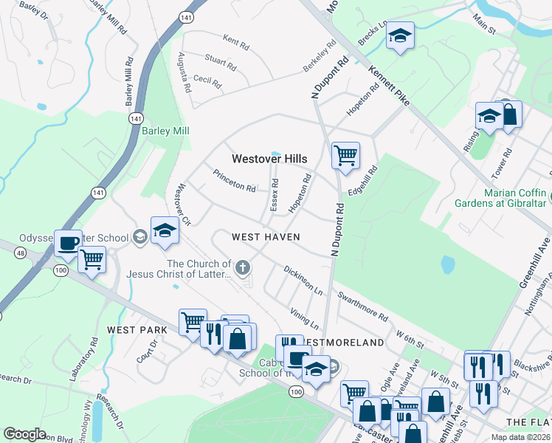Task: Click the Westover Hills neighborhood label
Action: pos(269,159)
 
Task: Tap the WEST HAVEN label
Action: pos(266,237)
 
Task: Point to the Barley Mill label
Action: pos(166,131)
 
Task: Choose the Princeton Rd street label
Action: pos(234,182)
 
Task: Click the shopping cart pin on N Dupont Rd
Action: pos(345,155)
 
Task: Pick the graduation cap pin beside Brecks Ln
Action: pos(399,36)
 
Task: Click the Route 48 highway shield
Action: pos(19,253)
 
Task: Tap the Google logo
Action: pos(24,434)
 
